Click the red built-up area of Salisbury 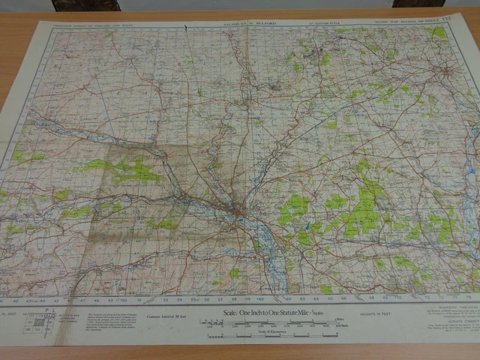(238, 214)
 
